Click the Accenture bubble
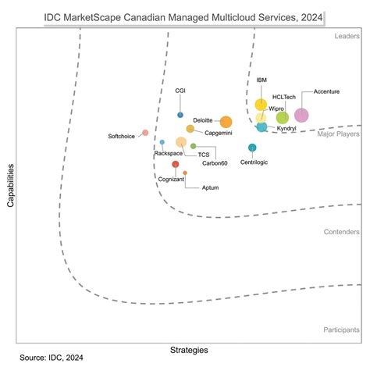(301, 116)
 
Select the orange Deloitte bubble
(226, 122)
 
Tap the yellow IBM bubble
(261, 105)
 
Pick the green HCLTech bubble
(282, 117)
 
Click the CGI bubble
(180, 115)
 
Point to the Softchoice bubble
(145, 133)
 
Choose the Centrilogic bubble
(252, 148)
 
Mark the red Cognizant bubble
(176, 164)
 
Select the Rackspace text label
(168, 154)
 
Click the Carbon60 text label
(215, 162)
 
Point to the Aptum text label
(210, 188)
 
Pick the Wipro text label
(276, 109)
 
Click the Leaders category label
(347, 36)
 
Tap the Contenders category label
(342, 232)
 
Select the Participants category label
(341, 330)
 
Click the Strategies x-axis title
(190, 347)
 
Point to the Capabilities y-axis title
(10, 185)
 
